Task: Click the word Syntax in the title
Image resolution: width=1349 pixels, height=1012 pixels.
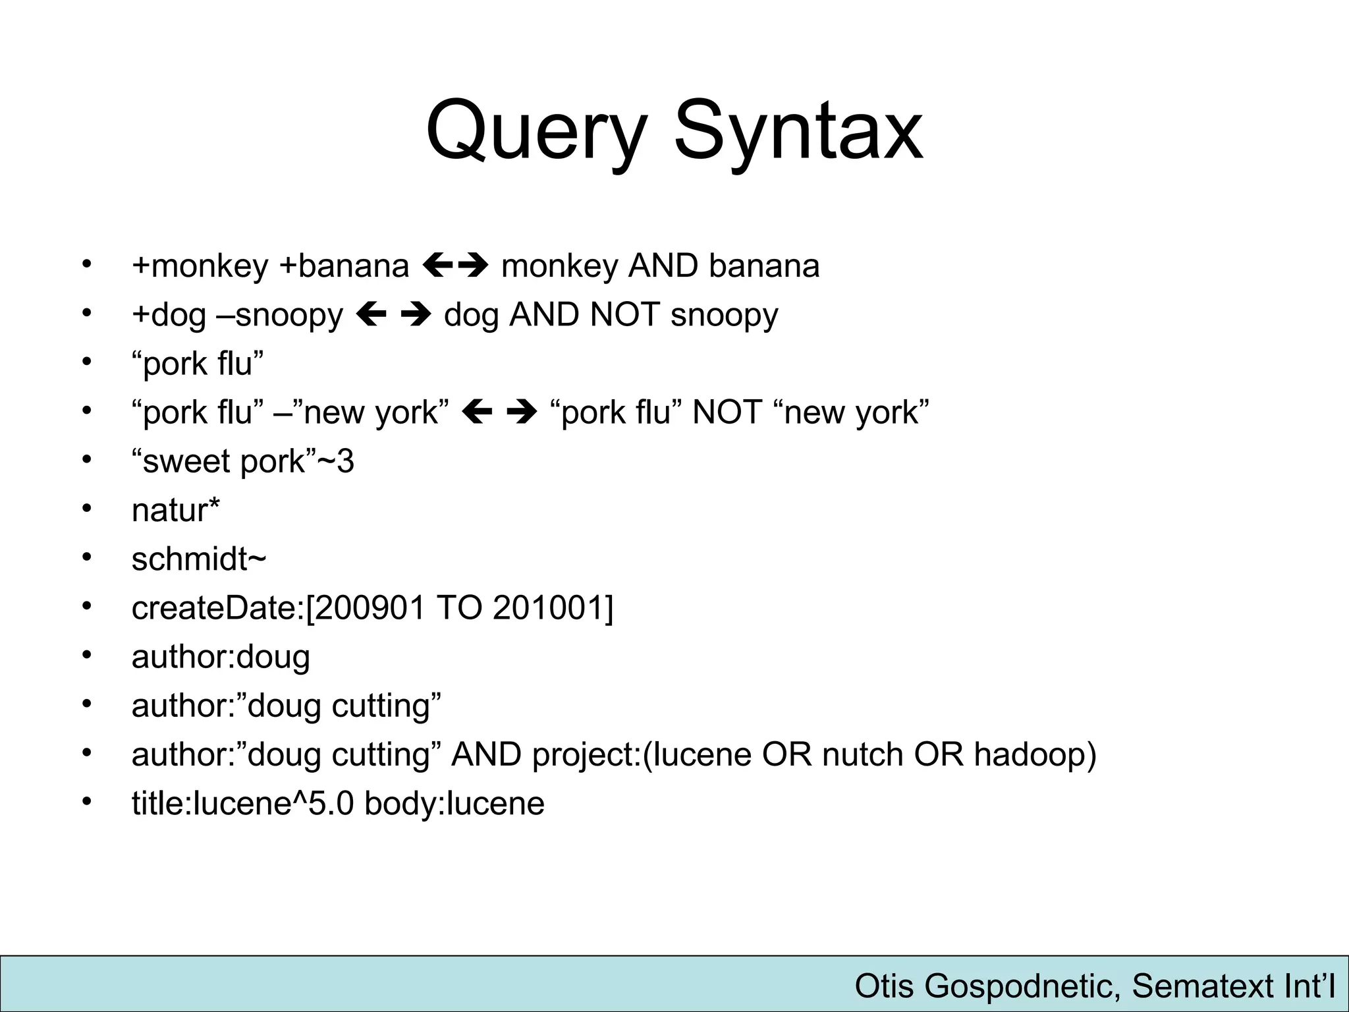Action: pyautogui.click(x=798, y=132)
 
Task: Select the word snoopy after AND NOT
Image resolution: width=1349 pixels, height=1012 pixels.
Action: pyautogui.click(x=724, y=316)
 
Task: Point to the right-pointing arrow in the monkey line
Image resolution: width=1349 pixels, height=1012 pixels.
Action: pyautogui.click(x=473, y=266)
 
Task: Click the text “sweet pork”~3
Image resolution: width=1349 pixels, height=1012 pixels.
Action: pyautogui.click(x=242, y=461)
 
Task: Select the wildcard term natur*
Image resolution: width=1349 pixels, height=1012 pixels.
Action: pyautogui.click(x=176, y=510)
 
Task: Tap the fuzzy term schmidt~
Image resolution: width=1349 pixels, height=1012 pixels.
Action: pyautogui.click(x=199, y=559)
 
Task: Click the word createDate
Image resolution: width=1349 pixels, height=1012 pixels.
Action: pyautogui.click(x=215, y=607)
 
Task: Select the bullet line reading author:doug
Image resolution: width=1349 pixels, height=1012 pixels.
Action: pyautogui.click(x=221, y=657)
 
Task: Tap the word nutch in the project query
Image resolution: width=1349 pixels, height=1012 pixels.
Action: pyautogui.click(x=862, y=754)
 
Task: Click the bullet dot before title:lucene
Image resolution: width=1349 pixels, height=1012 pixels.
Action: pyautogui.click(x=86, y=802)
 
